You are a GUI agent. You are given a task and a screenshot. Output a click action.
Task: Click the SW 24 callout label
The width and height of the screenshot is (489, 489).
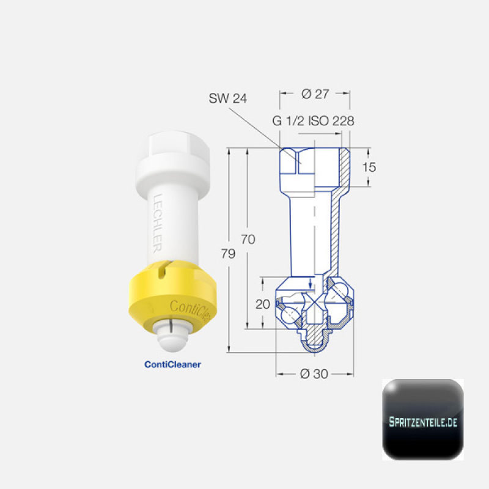tap(227, 98)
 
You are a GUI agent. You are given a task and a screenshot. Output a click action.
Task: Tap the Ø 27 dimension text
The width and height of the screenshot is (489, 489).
tap(315, 94)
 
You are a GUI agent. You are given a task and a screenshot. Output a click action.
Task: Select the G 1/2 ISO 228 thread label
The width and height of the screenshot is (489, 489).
tap(313, 121)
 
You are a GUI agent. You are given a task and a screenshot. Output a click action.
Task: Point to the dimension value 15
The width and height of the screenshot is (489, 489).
tap(369, 167)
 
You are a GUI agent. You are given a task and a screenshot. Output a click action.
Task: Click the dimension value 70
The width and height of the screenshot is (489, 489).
tap(248, 239)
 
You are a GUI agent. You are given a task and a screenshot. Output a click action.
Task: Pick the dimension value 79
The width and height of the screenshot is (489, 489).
tap(228, 254)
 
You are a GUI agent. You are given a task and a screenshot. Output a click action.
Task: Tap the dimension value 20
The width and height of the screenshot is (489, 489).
tap(262, 304)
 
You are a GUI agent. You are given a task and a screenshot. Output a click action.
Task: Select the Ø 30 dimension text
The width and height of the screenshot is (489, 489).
tap(314, 373)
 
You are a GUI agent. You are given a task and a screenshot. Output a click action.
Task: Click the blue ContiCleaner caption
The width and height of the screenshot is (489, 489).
tap(172, 364)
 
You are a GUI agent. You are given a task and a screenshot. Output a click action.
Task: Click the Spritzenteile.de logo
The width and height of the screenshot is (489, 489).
tap(423, 419)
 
